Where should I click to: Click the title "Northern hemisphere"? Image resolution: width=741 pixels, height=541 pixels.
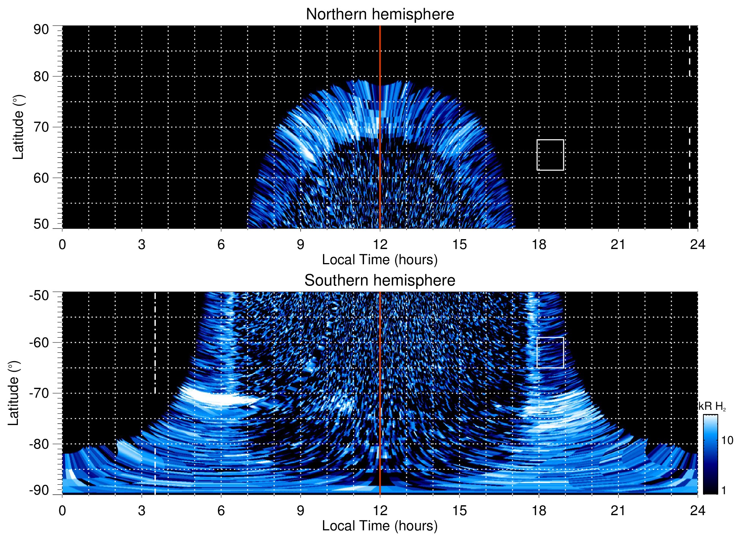coord(380,14)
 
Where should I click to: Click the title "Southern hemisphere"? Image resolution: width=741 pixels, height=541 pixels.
coord(380,281)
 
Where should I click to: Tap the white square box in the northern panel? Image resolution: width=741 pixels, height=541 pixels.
coord(550,155)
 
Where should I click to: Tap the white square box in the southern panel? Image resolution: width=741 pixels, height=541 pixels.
coord(550,352)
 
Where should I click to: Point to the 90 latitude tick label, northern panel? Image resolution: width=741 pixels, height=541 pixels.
coord(41,30)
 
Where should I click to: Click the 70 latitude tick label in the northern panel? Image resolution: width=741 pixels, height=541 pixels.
coord(41,127)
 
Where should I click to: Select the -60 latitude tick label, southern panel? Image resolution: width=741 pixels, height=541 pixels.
coord(39,342)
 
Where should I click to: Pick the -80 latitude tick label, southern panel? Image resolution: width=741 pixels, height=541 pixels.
coord(39,444)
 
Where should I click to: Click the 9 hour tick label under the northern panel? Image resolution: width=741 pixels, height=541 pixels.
coord(301,244)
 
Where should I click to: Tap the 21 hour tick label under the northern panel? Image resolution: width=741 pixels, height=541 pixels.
coord(618,244)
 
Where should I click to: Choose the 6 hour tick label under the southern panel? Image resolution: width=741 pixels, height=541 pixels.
coord(221,511)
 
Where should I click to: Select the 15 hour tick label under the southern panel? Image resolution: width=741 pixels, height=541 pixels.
coord(459,511)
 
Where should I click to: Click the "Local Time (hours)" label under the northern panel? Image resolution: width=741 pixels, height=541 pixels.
coord(380,260)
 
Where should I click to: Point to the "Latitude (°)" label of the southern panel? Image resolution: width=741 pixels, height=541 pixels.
coord(14,393)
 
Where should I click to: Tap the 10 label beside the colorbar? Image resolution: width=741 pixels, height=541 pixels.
coord(727,441)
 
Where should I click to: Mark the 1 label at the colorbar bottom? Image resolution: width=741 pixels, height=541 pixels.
coord(724,490)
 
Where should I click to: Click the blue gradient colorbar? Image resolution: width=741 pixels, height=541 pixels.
coord(710,454)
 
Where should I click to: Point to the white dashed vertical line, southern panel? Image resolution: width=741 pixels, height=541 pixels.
coord(155,342)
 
